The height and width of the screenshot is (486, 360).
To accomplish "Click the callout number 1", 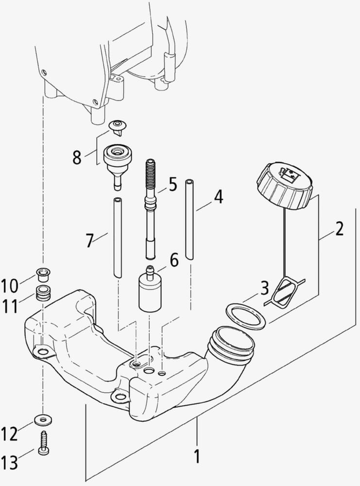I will (x=197, y=457).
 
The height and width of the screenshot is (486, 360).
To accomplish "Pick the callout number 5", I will (x=172, y=185).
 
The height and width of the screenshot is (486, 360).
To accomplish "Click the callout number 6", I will (x=173, y=260).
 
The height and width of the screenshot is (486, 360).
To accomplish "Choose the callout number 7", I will (x=89, y=240).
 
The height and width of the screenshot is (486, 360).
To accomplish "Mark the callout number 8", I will (x=77, y=157).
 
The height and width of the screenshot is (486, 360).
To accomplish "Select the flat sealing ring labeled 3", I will (x=246, y=316).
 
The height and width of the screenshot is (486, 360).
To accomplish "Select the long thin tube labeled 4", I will (x=190, y=219).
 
